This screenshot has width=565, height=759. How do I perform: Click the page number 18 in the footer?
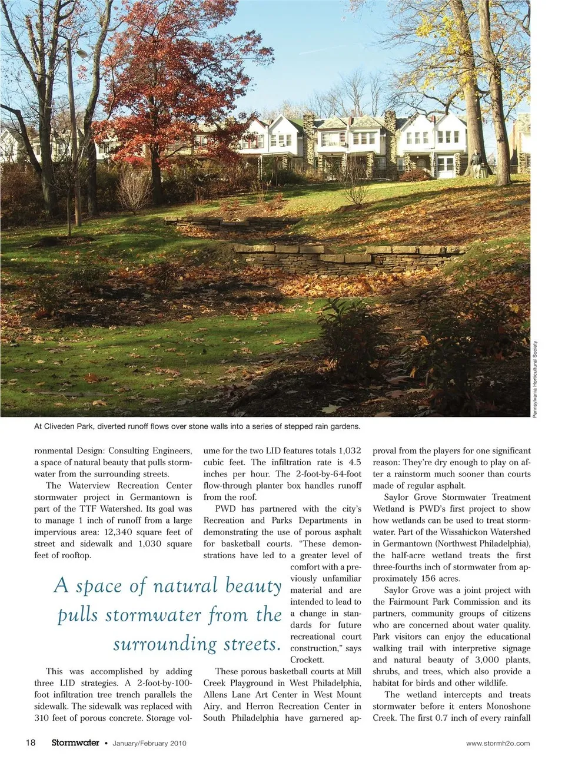point(30,743)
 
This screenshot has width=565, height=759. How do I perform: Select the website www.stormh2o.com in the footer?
point(498,743)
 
